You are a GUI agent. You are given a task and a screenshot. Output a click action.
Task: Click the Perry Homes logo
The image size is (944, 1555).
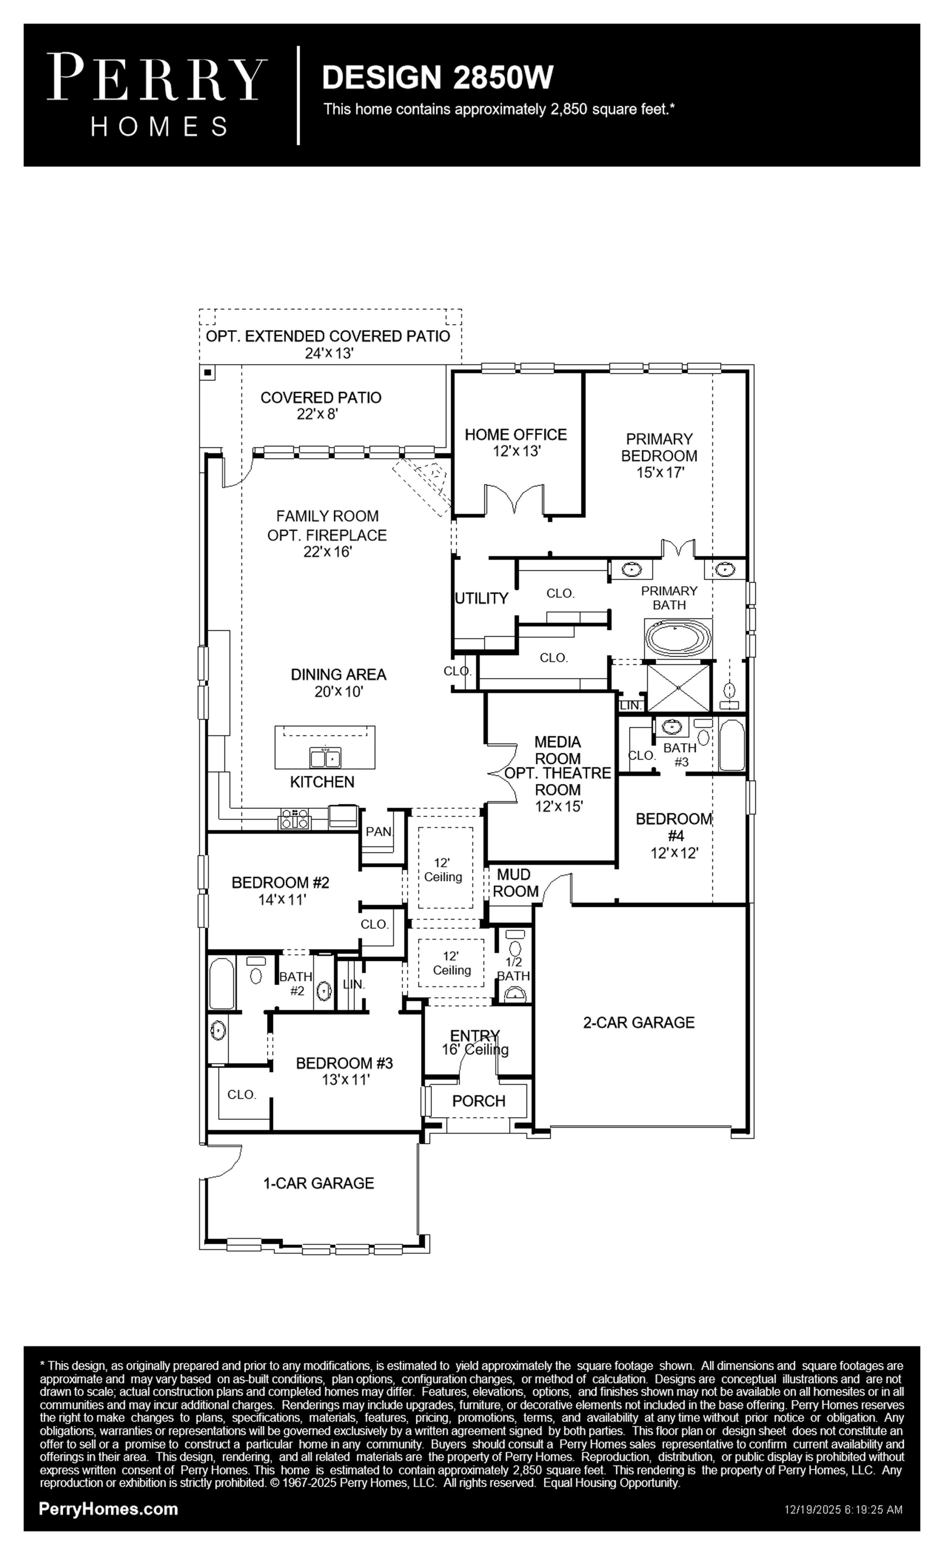(x=157, y=95)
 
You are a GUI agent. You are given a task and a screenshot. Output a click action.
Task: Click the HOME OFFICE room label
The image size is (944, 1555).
(x=516, y=434)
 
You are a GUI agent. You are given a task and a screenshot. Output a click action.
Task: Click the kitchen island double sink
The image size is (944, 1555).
(x=325, y=757)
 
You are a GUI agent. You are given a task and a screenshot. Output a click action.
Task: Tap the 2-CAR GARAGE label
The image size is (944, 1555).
(x=639, y=1022)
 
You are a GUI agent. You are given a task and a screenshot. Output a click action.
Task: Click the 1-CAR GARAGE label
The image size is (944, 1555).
(x=319, y=1183)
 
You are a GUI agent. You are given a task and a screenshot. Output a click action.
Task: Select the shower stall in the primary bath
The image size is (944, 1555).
(x=678, y=686)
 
